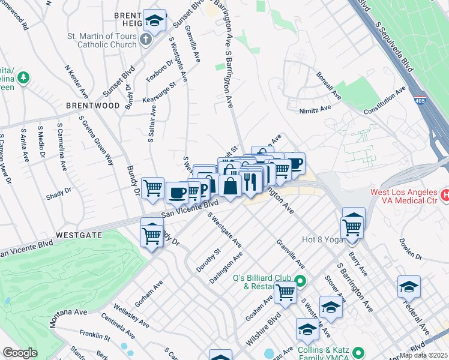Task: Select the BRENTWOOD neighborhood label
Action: pos(93,106)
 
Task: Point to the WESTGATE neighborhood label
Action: pos(76,233)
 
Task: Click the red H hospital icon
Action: pos(445,195)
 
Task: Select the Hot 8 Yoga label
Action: pos(326,239)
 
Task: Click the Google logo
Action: pos(20,353)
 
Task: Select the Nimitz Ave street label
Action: pos(315,110)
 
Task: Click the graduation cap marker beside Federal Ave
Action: pos(409,287)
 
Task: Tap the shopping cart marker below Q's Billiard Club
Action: pos(286,293)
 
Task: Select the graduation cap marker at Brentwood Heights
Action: pos(155,22)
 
